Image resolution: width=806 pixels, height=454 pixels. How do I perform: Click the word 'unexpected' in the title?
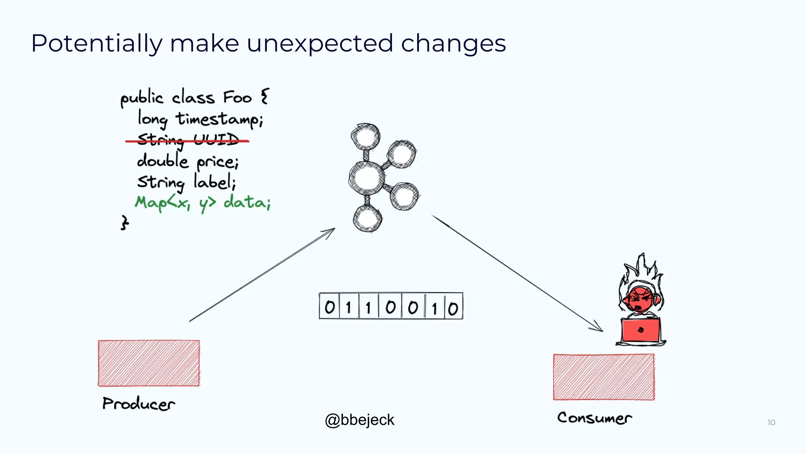tap(320, 43)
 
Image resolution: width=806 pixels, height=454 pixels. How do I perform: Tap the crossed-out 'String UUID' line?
tap(187, 140)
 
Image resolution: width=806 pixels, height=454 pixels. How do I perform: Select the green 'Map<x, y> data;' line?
tap(203, 203)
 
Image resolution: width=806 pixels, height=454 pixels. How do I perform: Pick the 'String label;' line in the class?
tap(187, 182)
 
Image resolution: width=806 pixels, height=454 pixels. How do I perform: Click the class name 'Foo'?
tap(237, 97)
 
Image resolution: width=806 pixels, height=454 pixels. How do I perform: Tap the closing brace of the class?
tap(124, 223)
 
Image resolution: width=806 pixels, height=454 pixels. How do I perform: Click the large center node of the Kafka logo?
tap(367, 178)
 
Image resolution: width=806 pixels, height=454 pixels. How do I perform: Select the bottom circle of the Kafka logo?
tap(367, 219)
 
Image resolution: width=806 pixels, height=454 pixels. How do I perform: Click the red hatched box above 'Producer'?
tap(149, 363)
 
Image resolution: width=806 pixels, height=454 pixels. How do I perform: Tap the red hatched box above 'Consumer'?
tap(604, 377)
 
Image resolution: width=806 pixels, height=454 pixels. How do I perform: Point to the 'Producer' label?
tap(139, 404)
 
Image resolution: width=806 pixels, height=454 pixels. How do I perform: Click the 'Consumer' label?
tap(594, 418)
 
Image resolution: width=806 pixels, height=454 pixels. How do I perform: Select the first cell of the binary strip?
tap(329, 307)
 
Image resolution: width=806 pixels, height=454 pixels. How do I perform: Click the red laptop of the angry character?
tap(641, 330)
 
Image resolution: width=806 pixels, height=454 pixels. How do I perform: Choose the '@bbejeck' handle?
tap(359, 420)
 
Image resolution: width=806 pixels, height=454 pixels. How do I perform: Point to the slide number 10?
tap(771, 422)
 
